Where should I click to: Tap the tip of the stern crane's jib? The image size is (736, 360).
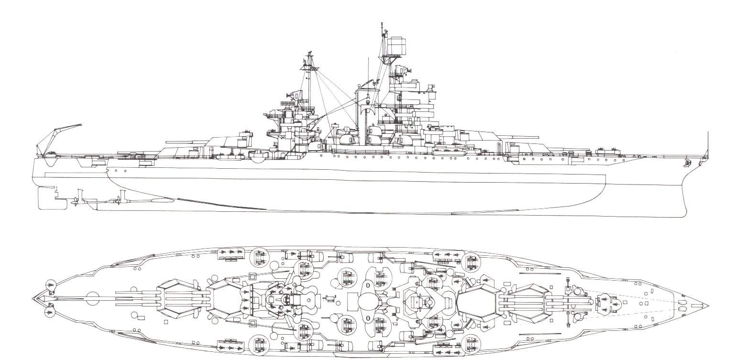pyautogui.click(x=81, y=125)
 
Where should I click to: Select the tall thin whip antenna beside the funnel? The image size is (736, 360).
pyautogui.click(x=368, y=72)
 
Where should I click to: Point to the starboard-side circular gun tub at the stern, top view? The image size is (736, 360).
pyautogui.click(x=50, y=312)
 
